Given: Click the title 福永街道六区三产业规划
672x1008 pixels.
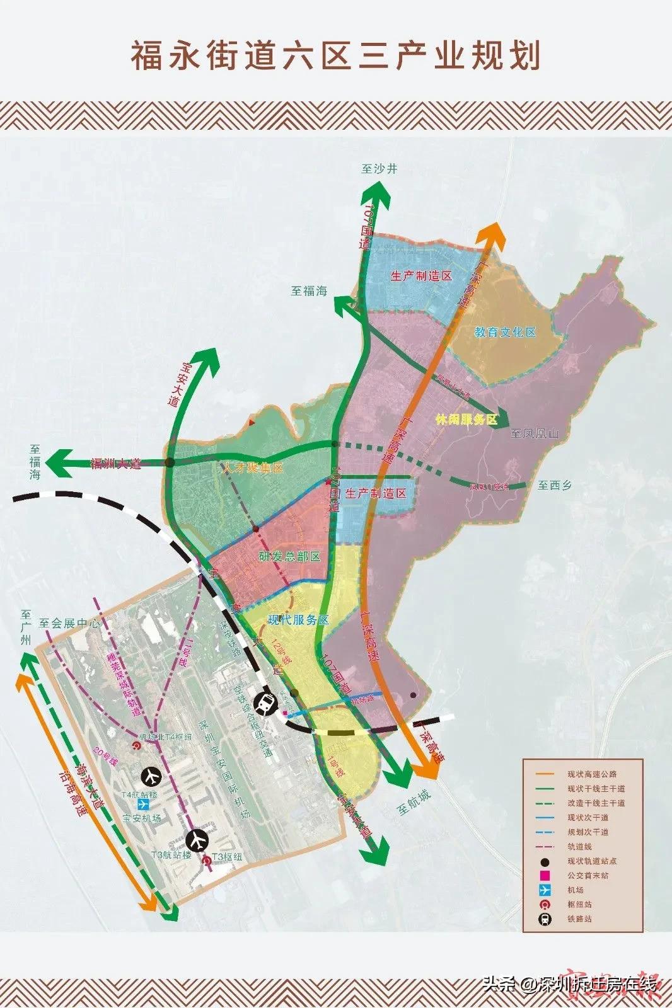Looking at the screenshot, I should (x=335, y=56).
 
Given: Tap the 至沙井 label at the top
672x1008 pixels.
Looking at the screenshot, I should (x=379, y=169).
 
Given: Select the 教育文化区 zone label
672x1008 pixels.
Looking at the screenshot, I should (x=505, y=332).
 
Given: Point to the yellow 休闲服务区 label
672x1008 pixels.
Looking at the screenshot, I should (x=466, y=419).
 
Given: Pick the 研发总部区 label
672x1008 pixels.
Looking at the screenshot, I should (x=290, y=556).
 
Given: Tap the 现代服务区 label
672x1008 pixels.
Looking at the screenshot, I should (x=298, y=620).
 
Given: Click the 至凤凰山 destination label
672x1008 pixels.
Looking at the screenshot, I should (x=535, y=433).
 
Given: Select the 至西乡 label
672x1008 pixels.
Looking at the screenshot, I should (x=555, y=486).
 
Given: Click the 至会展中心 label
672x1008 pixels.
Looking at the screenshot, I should (x=69, y=624).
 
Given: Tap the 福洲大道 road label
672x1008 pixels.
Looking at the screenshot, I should (x=116, y=464).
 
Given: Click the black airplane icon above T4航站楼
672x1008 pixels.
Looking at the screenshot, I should (x=150, y=774).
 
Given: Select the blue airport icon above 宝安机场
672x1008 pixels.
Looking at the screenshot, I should (x=144, y=805).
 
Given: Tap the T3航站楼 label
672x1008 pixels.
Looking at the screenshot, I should (x=171, y=856).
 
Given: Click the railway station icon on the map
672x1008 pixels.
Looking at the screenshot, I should (x=266, y=702).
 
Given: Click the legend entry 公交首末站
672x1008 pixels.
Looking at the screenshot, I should (x=588, y=876).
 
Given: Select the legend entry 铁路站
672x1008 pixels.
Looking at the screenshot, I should (x=579, y=919).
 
